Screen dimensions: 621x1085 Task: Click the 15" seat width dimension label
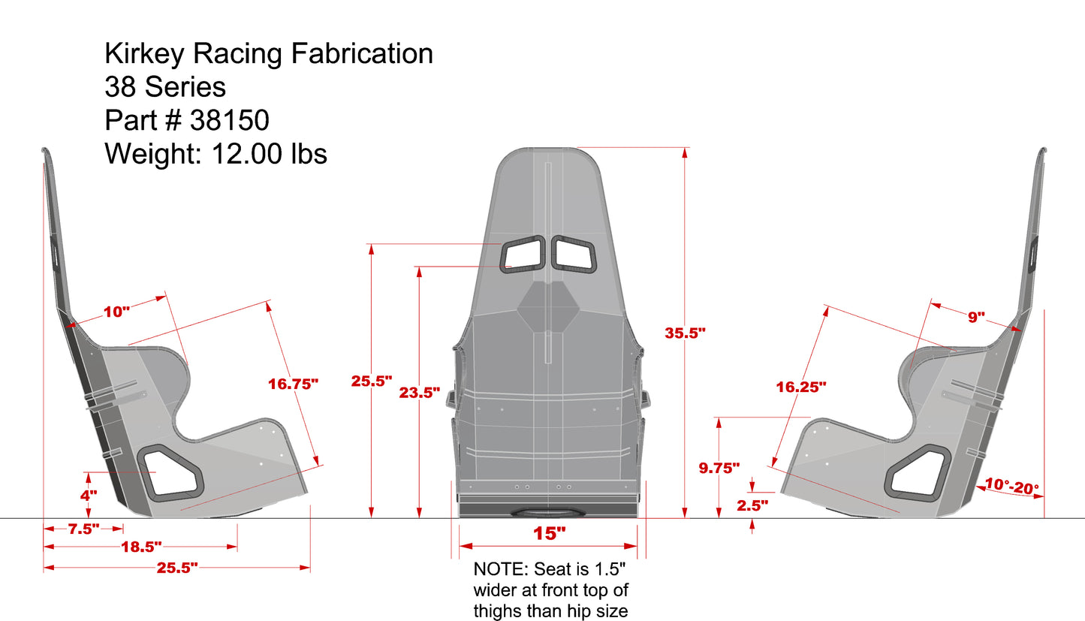(x=549, y=534)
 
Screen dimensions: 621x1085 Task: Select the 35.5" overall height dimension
(x=686, y=333)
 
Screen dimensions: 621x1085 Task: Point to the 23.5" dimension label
(x=419, y=392)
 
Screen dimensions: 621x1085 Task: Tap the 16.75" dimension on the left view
(x=293, y=384)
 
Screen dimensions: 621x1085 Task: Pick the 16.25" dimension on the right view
(x=801, y=387)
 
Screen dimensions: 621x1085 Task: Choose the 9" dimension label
(x=975, y=317)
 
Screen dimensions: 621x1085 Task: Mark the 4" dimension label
(x=89, y=496)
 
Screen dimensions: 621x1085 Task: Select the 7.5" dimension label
(x=83, y=529)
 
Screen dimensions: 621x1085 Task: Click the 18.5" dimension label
(x=140, y=547)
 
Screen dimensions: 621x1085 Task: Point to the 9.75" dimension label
(x=719, y=468)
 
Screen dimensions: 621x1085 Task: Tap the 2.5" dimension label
(x=753, y=505)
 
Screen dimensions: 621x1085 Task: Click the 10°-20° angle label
(x=1011, y=487)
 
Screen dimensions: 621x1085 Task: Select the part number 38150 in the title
(x=230, y=120)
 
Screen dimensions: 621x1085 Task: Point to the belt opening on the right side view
(x=915, y=472)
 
